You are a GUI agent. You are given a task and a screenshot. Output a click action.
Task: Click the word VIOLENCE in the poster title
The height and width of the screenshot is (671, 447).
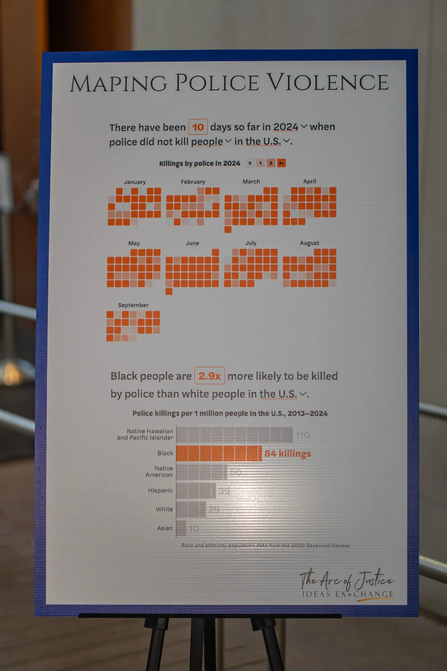click(x=328, y=83)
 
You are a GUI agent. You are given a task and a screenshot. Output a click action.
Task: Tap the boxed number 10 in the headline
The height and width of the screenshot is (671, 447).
click(x=198, y=127)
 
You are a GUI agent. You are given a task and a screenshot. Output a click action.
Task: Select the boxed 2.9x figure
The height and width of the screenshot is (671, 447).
click(x=210, y=376)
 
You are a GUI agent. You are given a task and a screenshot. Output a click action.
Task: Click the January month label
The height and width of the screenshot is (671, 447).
click(x=135, y=182)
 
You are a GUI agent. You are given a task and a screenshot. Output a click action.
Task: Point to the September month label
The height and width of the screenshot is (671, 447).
click(x=133, y=305)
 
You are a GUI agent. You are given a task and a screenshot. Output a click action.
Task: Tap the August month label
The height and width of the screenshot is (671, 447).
click(x=309, y=243)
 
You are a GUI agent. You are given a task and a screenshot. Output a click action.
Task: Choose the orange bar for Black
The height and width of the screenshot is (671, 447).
click(x=219, y=453)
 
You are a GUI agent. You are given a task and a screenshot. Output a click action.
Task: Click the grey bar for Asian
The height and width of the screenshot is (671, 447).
click(x=181, y=528)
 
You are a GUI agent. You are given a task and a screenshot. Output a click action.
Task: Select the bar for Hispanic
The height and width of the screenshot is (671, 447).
click(x=196, y=490)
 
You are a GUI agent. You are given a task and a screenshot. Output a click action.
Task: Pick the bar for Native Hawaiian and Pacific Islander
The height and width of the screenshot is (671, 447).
click(x=234, y=434)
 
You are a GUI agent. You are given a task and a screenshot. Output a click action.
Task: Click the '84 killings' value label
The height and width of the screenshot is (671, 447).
click(x=287, y=454)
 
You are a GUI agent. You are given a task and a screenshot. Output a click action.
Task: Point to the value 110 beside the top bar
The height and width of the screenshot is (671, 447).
click(x=302, y=435)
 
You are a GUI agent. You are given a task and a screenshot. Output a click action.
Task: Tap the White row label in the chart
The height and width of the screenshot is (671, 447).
click(x=164, y=509)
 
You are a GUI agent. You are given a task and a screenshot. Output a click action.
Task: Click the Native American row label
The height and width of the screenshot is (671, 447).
click(x=159, y=471)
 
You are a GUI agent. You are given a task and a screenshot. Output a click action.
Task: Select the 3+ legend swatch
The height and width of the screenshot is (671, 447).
click(x=281, y=163)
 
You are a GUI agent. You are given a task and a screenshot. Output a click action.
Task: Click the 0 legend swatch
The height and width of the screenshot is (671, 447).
click(x=250, y=163)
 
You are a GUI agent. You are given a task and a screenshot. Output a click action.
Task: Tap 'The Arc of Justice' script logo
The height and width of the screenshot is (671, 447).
click(x=346, y=580)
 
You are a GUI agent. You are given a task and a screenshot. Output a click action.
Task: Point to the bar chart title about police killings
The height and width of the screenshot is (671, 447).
click(x=230, y=413)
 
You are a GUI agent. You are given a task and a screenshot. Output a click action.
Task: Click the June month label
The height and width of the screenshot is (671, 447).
click(x=192, y=243)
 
